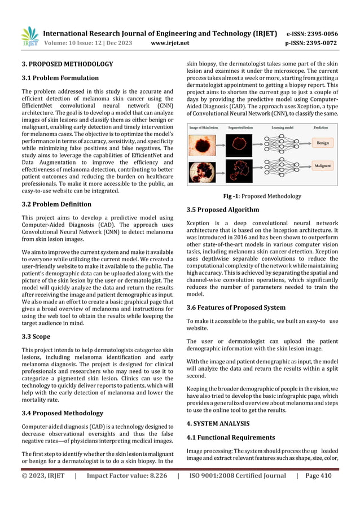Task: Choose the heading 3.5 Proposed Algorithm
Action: tap(222, 209)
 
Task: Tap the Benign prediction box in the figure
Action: tap(322, 144)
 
